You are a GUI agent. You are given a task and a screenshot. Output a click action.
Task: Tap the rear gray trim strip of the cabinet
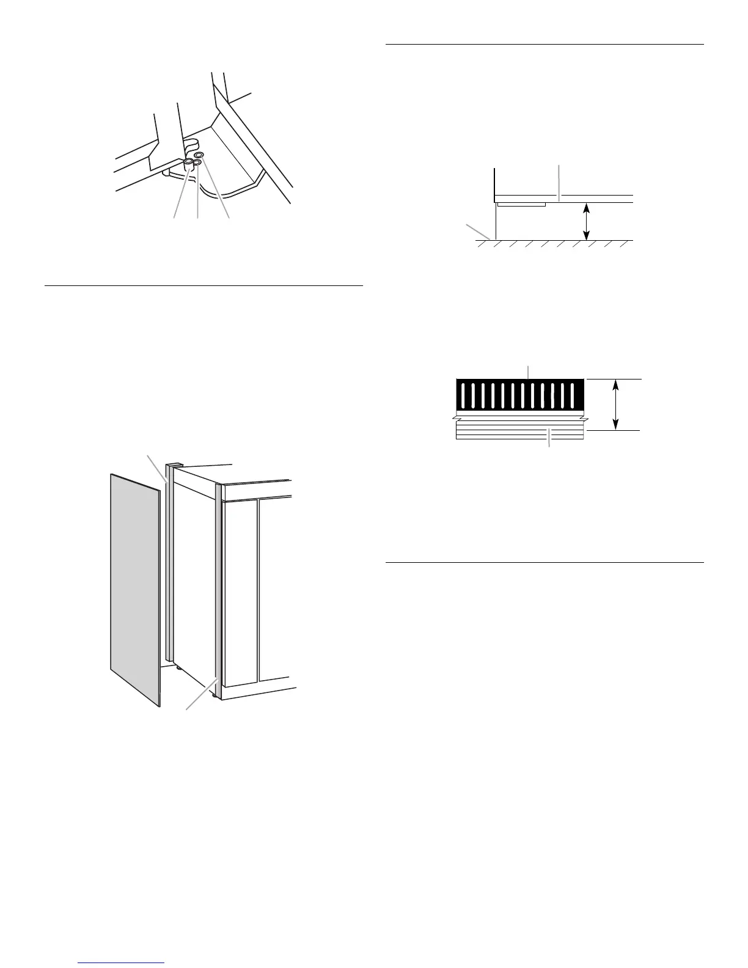[170, 562]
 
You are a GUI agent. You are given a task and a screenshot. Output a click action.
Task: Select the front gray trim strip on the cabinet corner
[217, 587]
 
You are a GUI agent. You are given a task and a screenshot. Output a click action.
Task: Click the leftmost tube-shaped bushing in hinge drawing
[189, 164]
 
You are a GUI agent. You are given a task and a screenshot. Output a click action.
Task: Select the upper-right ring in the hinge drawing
[199, 155]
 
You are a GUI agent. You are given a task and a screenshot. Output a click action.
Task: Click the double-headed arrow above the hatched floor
[587, 221]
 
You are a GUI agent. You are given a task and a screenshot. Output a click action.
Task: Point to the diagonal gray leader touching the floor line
[480, 232]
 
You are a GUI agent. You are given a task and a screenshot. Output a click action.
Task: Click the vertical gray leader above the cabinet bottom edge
[560, 182]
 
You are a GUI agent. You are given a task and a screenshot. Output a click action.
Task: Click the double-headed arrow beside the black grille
[616, 404]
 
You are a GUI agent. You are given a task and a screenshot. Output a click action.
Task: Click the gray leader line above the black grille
[529, 372]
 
